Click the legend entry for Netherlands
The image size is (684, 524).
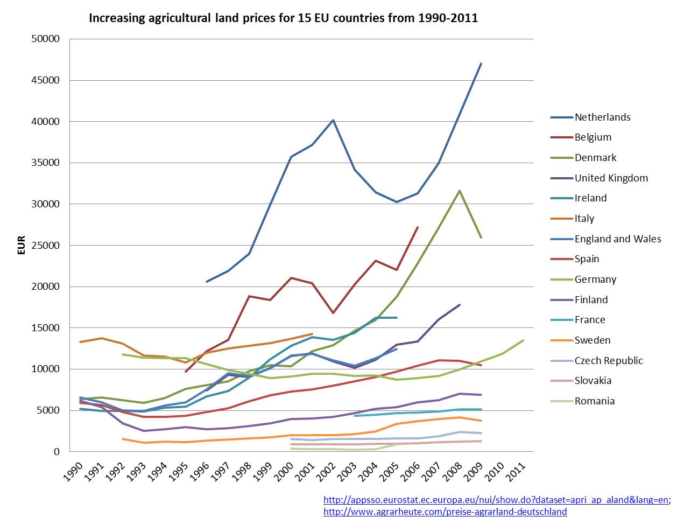[602, 117]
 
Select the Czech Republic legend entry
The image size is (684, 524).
[608, 361]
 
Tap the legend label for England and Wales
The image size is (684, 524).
[617, 239]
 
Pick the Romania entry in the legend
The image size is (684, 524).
[594, 401]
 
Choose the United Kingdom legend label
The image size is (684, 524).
[611, 178]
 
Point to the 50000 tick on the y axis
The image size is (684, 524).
[45, 39]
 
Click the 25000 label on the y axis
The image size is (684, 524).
[45, 246]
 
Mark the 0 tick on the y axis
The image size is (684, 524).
[56, 452]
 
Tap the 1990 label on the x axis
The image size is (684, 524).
[74, 472]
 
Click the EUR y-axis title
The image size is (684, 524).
[22, 245]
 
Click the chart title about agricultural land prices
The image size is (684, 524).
[283, 18]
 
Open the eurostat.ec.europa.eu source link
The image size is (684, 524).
[496, 500]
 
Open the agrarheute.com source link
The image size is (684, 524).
[445, 512]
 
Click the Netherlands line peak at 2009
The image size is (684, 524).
[481, 64]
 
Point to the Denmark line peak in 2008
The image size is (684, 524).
[460, 191]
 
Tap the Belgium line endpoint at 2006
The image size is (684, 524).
[418, 227]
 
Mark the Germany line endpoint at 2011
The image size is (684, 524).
[523, 340]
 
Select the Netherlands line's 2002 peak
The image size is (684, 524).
[333, 120]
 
